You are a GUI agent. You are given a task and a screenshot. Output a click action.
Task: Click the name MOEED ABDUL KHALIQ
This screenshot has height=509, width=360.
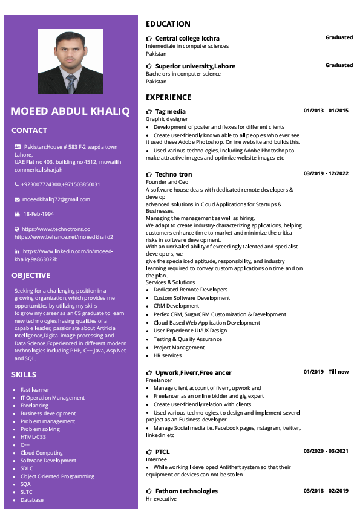[x=70, y=111]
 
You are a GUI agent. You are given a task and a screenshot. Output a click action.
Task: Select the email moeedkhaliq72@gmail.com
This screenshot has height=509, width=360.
[x=56, y=199]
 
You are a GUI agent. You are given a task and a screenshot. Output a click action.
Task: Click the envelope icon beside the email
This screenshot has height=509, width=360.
[x=17, y=199]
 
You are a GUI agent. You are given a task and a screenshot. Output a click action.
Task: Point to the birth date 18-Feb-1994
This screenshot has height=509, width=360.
[x=39, y=214]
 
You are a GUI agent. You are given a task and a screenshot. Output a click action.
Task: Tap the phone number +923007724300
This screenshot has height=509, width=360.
[x=41, y=184]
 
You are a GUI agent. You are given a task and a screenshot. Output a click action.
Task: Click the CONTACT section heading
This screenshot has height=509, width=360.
[x=29, y=131]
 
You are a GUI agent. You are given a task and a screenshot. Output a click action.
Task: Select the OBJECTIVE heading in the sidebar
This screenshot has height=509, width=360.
[x=30, y=276]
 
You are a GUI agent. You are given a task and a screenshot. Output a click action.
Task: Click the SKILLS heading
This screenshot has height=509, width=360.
[x=24, y=375]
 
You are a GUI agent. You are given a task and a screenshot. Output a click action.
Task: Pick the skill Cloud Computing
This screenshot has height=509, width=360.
[x=42, y=453]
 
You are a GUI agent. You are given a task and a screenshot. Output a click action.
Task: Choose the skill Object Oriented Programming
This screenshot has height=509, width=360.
[x=57, y=476]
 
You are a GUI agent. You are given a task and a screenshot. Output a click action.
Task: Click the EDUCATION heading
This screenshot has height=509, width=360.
[x=168, y=24]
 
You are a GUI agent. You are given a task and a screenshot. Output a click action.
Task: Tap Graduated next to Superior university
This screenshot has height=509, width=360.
[x=339, y=65]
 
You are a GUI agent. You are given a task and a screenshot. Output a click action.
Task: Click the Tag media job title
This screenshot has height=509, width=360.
[x=171, y=111]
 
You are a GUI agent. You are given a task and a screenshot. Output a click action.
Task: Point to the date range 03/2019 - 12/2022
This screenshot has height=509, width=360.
[x=326, y=173]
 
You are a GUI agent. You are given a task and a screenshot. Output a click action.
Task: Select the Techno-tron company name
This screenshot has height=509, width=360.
[x=174, y=174]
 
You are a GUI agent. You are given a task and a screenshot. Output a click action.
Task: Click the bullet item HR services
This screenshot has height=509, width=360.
[x=168, y=355]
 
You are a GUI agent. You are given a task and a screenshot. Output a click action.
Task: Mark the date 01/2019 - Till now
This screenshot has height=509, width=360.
[x=326, y=372]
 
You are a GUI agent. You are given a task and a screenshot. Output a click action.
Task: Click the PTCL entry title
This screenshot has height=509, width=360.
[x=162, y=452]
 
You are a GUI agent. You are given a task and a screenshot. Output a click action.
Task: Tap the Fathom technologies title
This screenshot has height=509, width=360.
[x=186, y=491]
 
